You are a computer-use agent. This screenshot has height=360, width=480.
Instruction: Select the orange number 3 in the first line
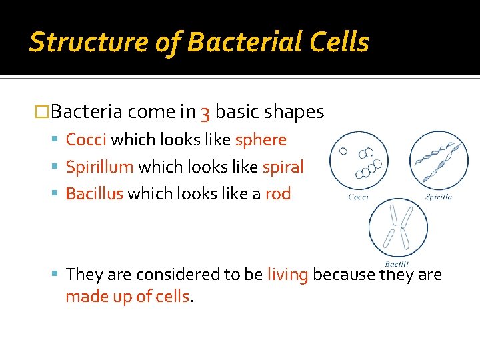click(205, 113)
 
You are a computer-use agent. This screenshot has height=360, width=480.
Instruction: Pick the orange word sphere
click(261, 140)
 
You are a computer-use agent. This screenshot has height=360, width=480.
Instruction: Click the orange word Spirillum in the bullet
click(99, 167)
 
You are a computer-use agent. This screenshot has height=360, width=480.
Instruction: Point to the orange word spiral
click(283, 167)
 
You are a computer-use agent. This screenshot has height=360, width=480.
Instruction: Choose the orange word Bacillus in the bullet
click(94, 194)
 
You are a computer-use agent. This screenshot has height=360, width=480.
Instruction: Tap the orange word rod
click(278, 194)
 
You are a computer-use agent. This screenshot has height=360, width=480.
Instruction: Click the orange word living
click(287, 274)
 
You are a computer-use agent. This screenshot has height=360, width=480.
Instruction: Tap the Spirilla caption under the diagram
click(438, 197)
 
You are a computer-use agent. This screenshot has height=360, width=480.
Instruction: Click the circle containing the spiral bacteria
click(439, 160)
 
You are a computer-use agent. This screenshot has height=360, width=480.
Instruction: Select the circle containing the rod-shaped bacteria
click(398, 227)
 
